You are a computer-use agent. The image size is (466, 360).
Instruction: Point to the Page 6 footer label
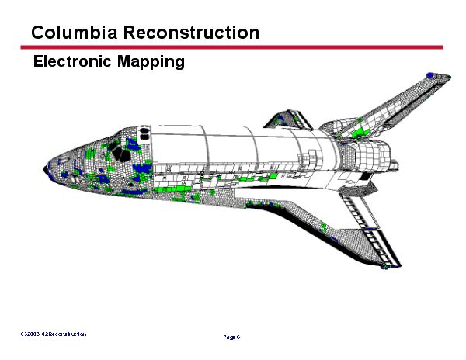point(231,337)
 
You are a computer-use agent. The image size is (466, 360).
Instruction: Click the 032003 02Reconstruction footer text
point(54,334)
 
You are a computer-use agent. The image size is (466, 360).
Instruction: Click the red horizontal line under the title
point(233,47)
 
